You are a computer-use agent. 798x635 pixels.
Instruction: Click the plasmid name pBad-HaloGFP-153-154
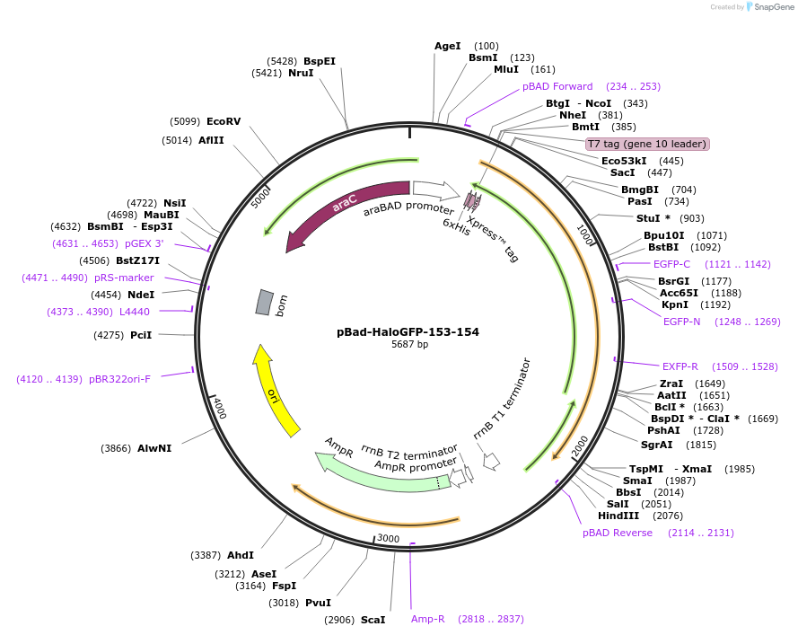tap(408, 331)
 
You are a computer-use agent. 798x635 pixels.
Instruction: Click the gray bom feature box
tap(264, 302)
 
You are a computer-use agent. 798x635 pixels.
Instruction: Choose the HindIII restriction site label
tap(618, 516)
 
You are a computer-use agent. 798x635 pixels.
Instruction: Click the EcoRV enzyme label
tap(224, 121)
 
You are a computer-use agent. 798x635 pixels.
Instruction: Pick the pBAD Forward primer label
tap(557, 86)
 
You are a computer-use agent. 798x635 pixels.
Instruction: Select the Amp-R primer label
tap(428, 619)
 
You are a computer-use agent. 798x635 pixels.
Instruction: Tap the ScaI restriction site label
tap(373, 620)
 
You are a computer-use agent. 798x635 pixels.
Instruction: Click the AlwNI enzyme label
tap(154, 447)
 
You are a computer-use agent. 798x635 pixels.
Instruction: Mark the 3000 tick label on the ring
tap(387, 538)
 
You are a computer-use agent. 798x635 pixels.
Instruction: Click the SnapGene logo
tap(770, 7)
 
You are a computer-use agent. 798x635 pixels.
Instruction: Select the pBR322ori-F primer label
tap(119, 378)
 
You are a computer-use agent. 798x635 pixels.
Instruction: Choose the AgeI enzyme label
tap(447, 46)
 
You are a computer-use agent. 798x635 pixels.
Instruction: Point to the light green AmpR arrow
tap(377, 470)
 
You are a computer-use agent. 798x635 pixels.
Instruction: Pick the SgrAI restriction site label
tap(657, 444)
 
